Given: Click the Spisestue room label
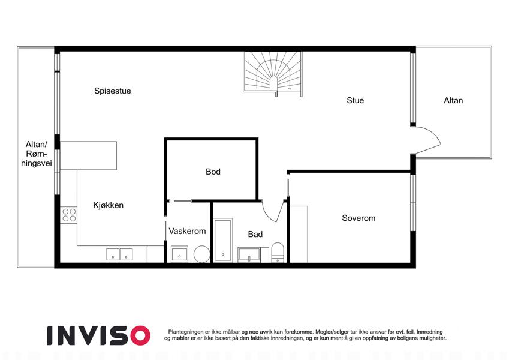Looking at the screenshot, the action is tap(112, 91).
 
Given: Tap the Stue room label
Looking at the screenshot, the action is tap(355, 100).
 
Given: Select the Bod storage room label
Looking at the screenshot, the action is tap(213, 172).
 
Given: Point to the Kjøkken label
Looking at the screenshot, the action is tap(108, 205).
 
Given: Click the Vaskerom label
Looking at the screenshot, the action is tap(187, 231).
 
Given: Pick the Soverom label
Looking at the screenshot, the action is tap(359, 218).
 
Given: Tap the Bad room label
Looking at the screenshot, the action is tap(255, 234).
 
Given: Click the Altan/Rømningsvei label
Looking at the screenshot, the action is tap(37, 154).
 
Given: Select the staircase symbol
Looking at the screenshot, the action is tap(273, 74).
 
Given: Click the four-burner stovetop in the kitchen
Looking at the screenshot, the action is tap(69, 215).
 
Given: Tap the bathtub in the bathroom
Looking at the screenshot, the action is tap(223, 241).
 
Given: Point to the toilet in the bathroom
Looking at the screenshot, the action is tap(278, 252).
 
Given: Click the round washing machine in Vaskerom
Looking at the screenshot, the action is tap(202, 254).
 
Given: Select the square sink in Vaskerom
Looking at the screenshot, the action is tap(179, 254).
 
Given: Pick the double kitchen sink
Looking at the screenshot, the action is tap(119, 254).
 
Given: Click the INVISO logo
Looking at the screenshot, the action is tap(98, 335).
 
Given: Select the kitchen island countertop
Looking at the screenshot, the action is tap(88, 155).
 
